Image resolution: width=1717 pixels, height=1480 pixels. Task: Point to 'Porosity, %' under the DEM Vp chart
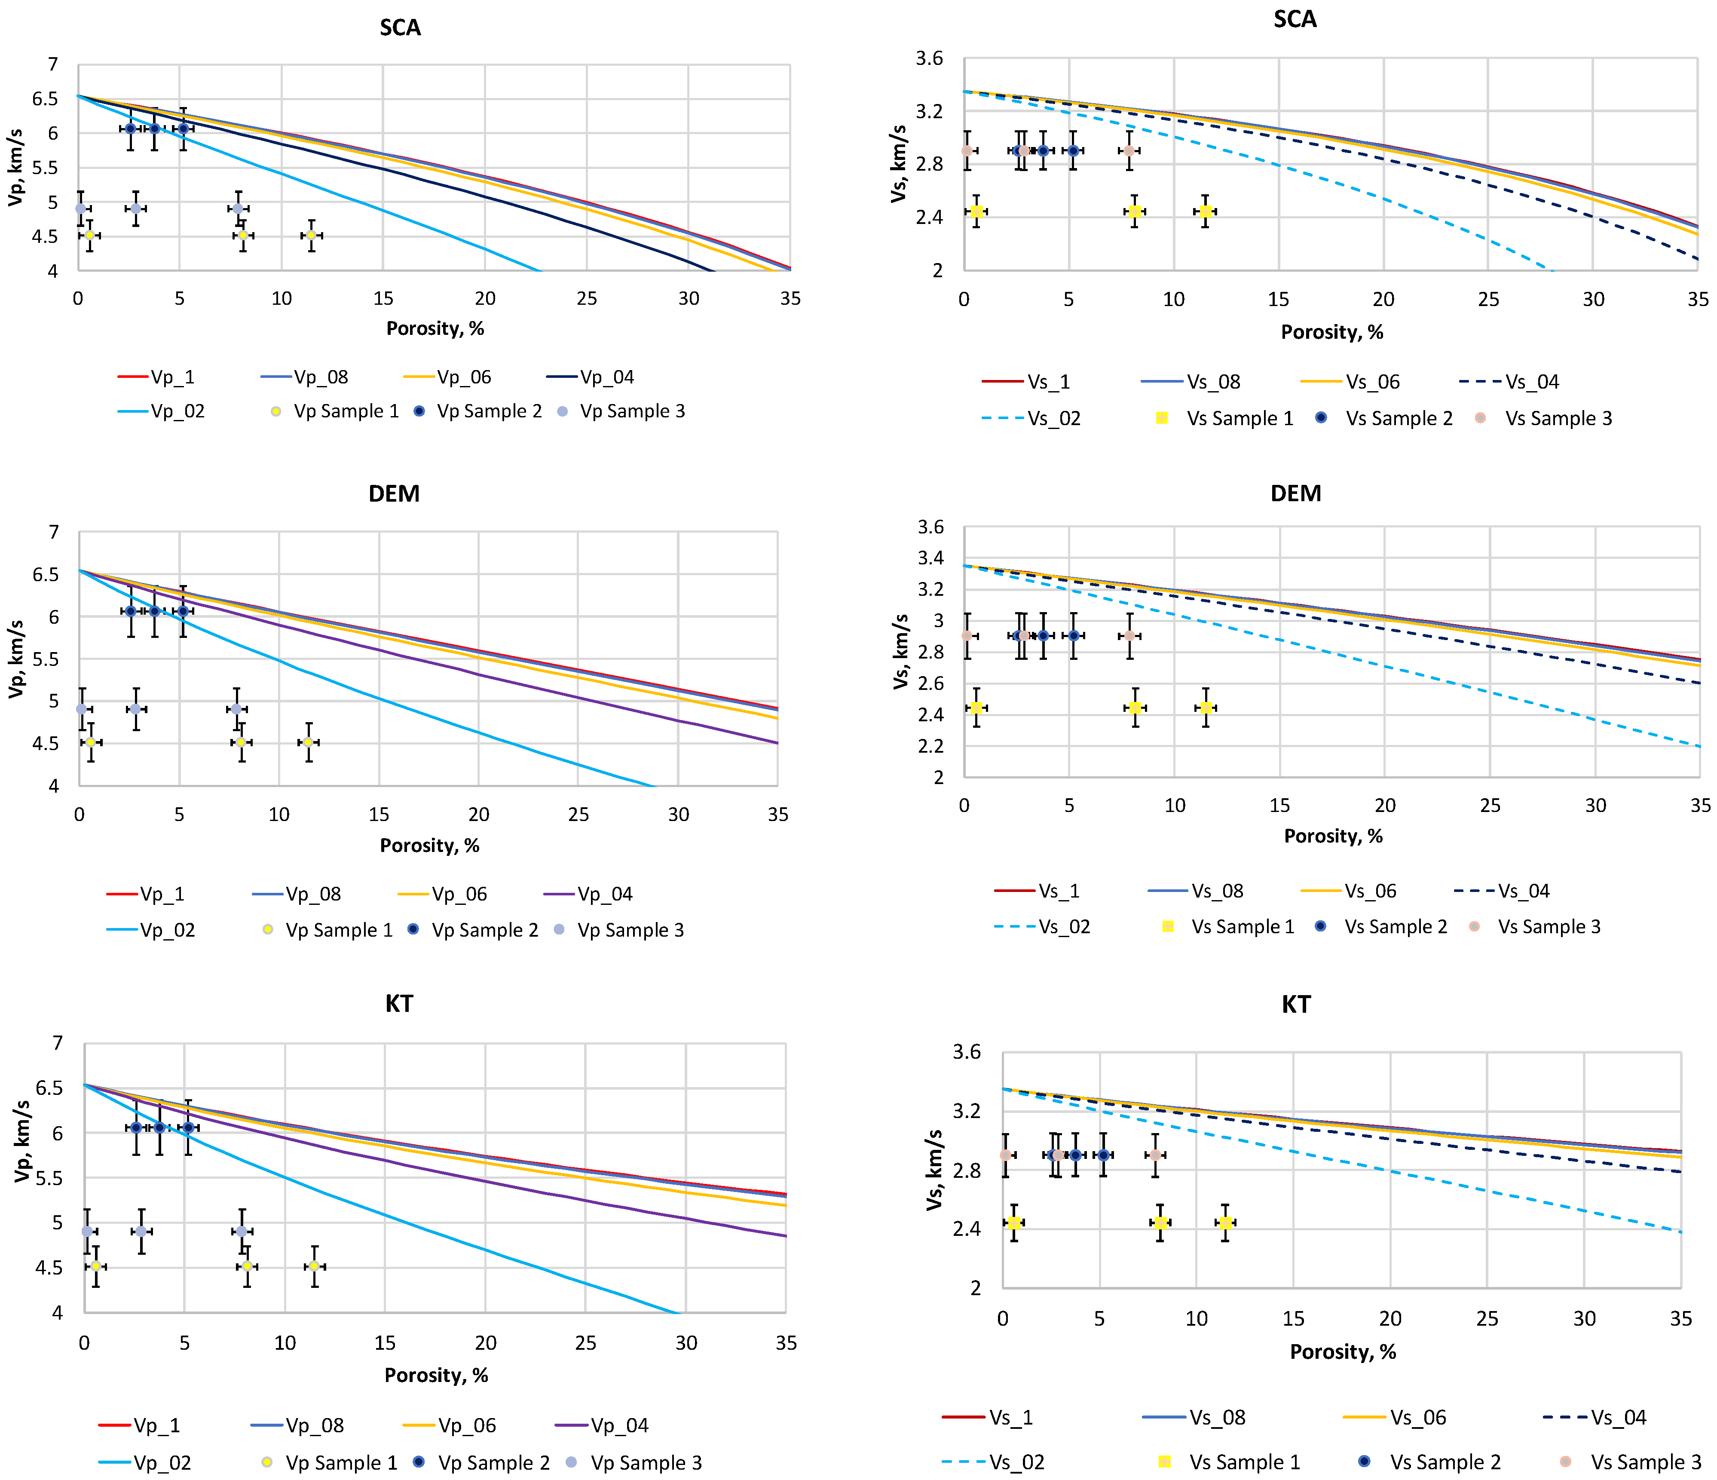point(429,845)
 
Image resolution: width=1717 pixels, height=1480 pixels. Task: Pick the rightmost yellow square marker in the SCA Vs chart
point(1206,211)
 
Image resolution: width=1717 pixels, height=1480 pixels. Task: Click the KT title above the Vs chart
point(1296,1004)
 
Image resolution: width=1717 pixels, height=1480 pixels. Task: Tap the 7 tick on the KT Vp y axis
point(57,1042)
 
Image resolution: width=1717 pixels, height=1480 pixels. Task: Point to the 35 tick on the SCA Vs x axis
point(1697,299)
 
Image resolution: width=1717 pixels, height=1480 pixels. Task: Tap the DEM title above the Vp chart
point(395,494)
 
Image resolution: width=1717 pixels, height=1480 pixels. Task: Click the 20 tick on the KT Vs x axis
point(1390,1318)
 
